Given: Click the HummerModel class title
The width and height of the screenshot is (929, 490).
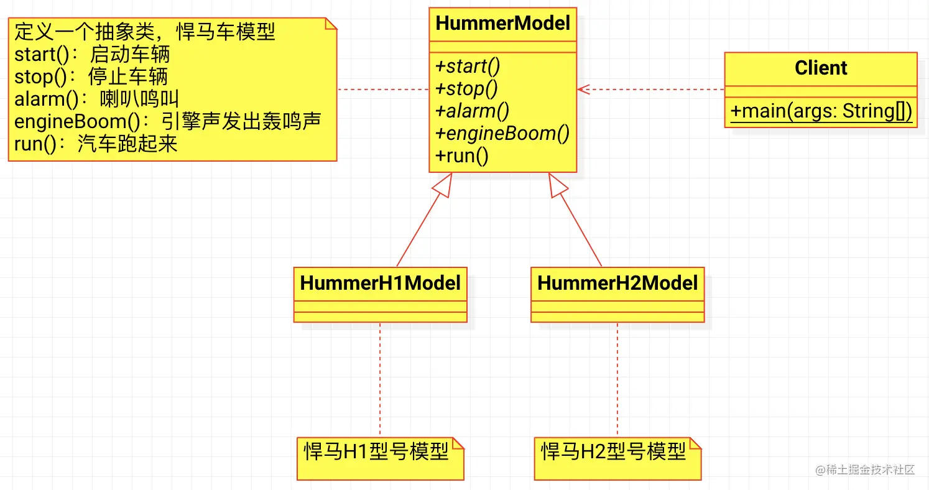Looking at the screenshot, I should (x=502, y=24).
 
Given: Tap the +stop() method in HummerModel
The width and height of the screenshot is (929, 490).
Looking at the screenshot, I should (x=467, y=88).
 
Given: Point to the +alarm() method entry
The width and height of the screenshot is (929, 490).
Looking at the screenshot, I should (x=473, y=111).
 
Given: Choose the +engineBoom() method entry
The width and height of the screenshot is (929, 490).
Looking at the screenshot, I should (x=502, y=133).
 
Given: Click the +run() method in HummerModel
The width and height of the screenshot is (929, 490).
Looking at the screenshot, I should (x=463, y=155).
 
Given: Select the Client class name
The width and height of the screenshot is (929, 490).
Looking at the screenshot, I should (x=820, y=68).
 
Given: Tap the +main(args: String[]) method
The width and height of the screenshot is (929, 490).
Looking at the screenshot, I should (x=821, y=111).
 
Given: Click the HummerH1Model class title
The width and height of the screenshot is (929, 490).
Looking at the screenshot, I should (x=380, y=283).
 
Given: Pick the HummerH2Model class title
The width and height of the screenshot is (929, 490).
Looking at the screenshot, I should (x=617, y=283).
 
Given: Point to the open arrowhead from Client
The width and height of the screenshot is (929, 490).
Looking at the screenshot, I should (x=582, y=90).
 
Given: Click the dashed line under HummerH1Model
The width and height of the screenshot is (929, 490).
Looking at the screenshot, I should (x=380, y=379).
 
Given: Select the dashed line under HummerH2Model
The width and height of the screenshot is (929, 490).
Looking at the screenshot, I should (x=617, y=379).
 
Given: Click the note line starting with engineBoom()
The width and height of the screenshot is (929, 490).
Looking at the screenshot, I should (x=167, y=121).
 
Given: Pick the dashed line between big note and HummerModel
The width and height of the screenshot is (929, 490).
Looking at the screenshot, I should (x=382, y=90).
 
